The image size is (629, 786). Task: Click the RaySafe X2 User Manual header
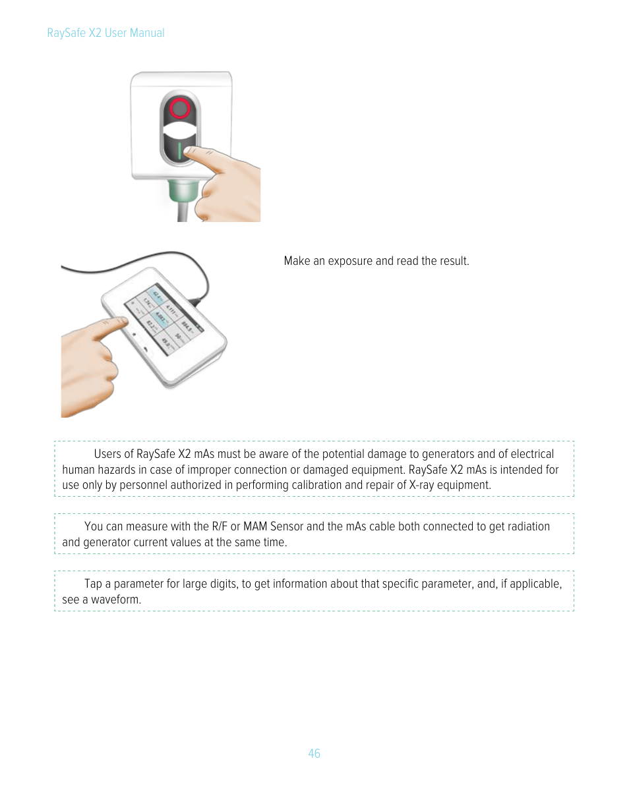point(105,33)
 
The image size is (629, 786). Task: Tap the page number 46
point(314,753)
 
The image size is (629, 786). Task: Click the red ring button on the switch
point(180,108)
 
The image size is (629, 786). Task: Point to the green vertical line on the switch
point(179,152)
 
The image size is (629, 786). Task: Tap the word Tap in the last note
point(92,584)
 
